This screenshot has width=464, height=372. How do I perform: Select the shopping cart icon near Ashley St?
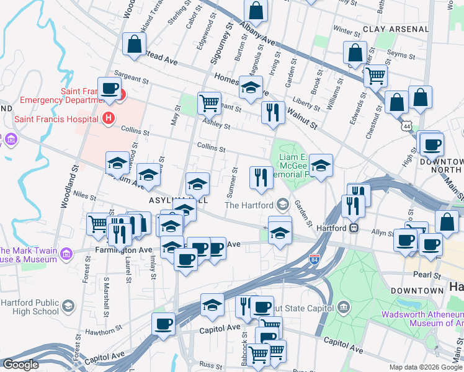click(210, 102)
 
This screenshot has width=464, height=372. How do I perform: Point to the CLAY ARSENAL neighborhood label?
click(396, 29)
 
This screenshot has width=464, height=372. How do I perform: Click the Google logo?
click(20, 365)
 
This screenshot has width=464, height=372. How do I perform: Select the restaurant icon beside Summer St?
click(261, 177)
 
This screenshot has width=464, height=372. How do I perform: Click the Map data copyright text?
click(426, 367)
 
